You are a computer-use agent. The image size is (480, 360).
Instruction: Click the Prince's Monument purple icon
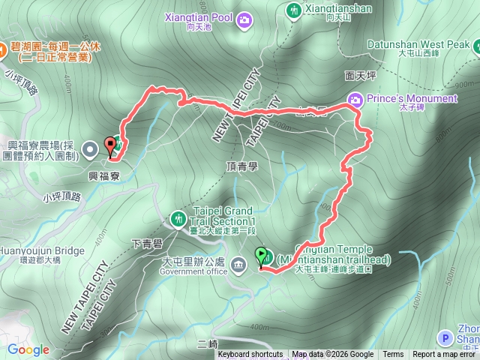(356, 99)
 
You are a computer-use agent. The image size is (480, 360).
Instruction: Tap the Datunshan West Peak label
(424, 44)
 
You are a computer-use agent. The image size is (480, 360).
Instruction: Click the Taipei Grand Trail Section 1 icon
(178, 218)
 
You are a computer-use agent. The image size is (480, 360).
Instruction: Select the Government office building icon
(238, 264)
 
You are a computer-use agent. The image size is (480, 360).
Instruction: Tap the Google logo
(28, 349)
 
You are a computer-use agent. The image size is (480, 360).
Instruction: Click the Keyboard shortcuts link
(250, 355)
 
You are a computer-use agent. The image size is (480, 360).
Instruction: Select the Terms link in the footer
(392, 355)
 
